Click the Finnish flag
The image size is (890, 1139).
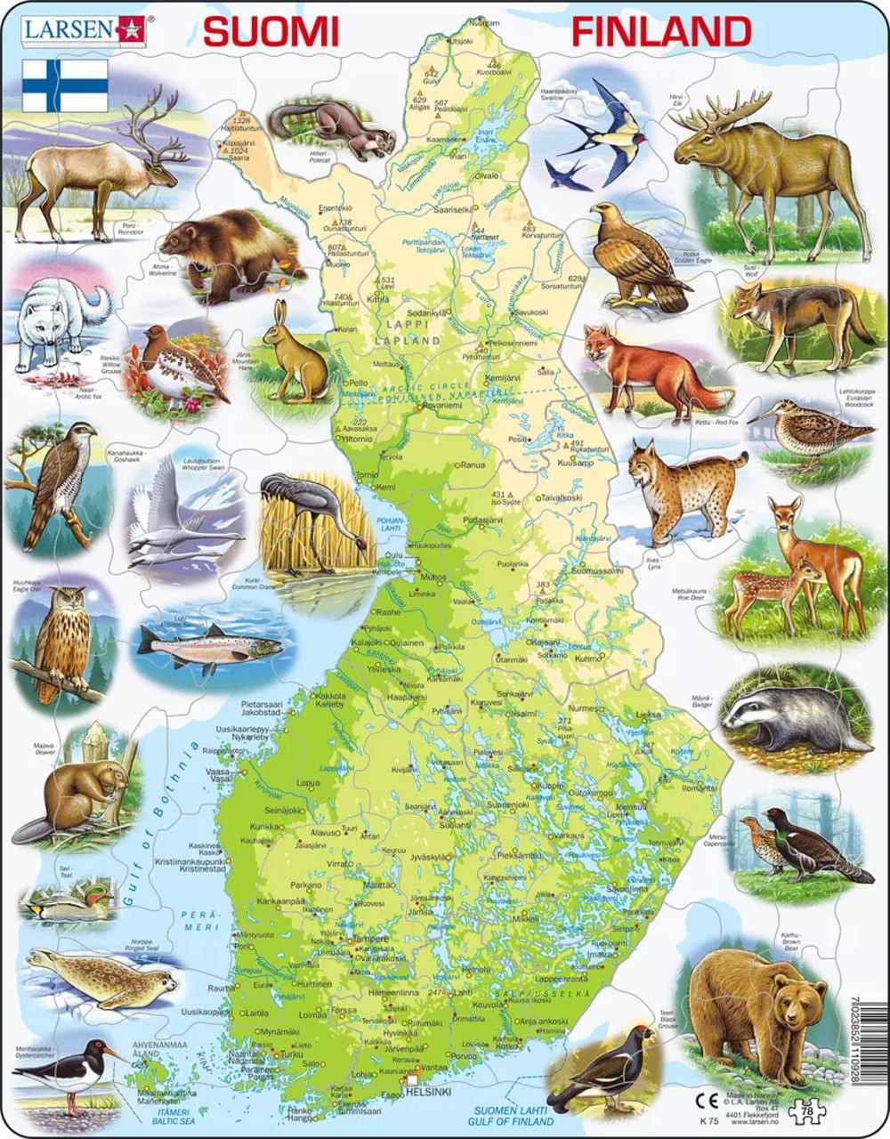click(65, 85)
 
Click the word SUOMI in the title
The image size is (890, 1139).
click(271, 31)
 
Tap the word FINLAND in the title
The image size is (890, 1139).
click(660, 31)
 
